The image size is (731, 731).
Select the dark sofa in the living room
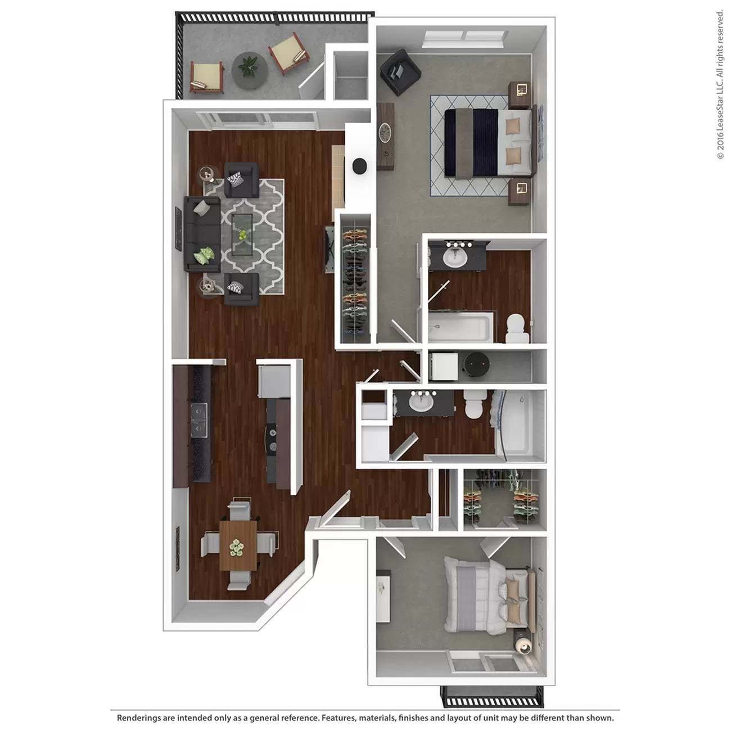point(202,234)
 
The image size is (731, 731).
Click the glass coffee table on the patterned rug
point(242,235)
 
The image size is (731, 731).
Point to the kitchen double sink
point(199,421)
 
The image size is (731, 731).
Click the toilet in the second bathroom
point(474,405)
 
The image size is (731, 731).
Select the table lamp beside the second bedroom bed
point(524,645)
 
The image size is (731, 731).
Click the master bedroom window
point(464,39)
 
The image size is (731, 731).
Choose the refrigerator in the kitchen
point(273,381)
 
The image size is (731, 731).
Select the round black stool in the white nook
point(359,166)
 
